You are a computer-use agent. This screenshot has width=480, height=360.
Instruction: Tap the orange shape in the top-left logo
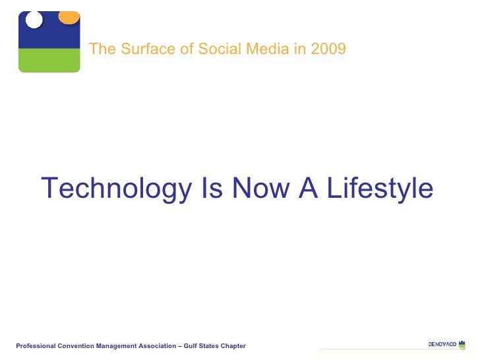point(68,17)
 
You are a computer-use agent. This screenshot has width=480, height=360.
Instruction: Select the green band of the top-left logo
point(49,60)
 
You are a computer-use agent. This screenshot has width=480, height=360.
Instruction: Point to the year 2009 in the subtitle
point(330,49)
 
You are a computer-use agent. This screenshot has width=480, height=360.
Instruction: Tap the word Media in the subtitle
point(245,49)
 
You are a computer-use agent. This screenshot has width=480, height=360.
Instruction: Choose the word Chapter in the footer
point(233,346)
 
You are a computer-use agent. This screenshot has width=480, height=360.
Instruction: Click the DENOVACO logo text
point(442,344)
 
